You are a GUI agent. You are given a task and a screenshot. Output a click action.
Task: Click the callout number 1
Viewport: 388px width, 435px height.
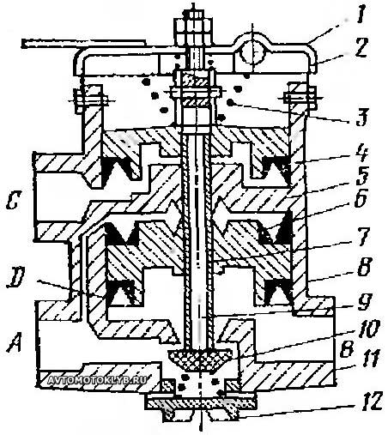point(361,17)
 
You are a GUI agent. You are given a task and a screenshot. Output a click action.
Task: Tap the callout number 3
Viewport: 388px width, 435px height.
point(361,118)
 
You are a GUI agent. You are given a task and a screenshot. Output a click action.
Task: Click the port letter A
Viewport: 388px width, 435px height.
point(15,343)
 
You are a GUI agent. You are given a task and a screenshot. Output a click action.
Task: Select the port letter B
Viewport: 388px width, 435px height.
point(347,349)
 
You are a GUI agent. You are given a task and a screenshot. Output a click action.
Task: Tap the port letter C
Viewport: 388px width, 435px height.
point(13,200)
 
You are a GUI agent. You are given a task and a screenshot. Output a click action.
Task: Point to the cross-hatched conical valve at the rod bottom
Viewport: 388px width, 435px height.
point(199,359)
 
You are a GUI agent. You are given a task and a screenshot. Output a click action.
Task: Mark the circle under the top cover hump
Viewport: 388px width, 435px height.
point(252,54)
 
